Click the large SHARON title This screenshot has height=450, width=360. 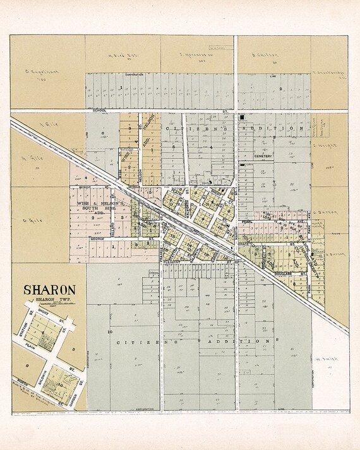50,290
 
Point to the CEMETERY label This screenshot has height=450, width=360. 263,155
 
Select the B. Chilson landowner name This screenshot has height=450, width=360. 261,55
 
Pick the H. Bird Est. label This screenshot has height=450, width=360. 119,55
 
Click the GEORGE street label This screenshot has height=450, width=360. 97,239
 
